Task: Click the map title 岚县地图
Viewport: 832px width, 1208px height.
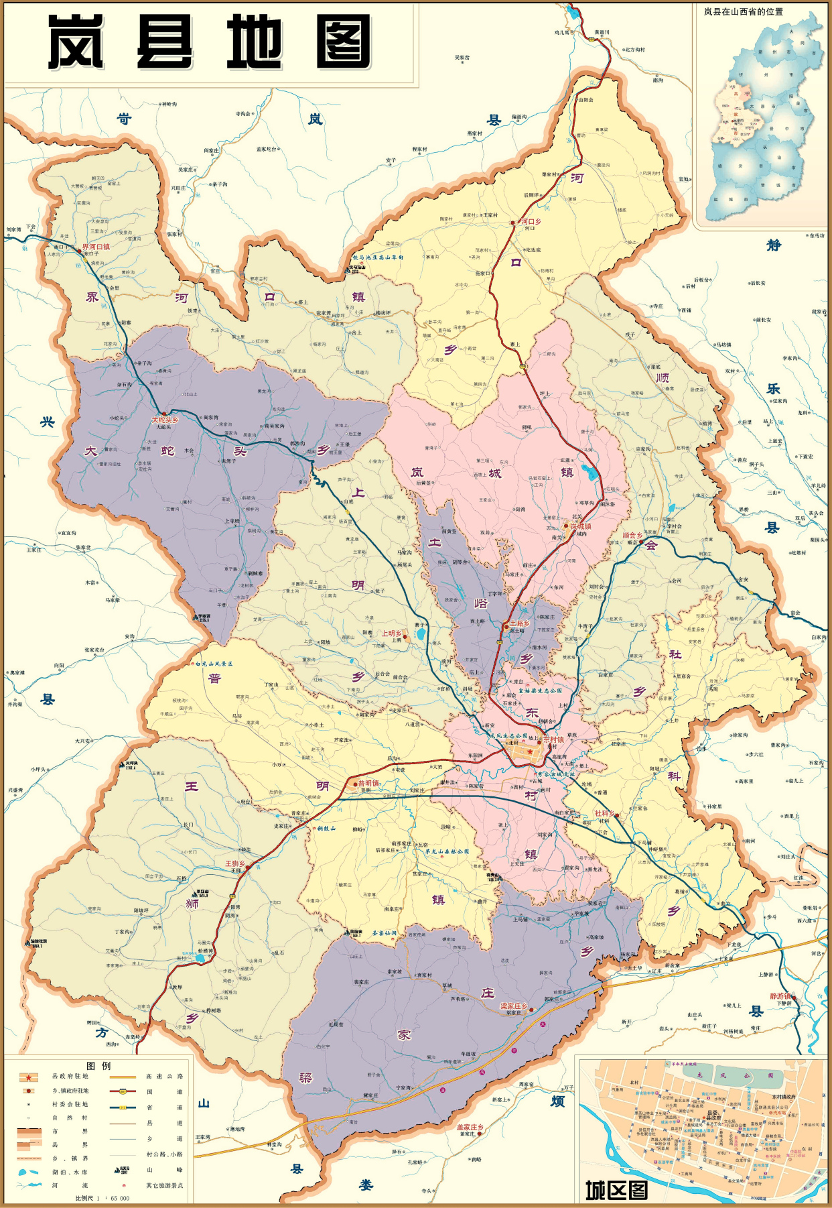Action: tap(209, 42)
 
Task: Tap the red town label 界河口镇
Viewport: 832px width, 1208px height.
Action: tap(96, 247)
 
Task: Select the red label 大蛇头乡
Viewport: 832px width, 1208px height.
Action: tap(165, 420)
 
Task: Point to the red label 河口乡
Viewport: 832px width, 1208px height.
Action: tap(531, 221)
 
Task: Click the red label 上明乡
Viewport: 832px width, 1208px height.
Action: tap(392, 633)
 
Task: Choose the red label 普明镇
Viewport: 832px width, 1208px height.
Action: tap(369, 783)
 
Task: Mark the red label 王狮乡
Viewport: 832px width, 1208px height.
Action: tap(234, 863)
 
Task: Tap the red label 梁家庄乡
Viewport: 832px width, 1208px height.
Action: tap(514, 1006)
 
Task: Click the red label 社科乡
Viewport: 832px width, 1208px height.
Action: tap(604, 814)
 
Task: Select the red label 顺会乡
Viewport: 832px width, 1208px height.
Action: tap(632, 536)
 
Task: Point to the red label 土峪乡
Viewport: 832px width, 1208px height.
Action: tap(520, 623)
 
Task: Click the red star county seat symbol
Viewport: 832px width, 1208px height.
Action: tap(530, 752)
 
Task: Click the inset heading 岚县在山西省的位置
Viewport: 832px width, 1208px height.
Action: tap(743, 11)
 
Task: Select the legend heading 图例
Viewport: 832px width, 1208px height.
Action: tap(98, 1066)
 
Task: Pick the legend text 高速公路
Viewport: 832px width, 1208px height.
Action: tap(164, 1077)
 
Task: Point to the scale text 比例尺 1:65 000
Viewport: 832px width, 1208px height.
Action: tap(102, 1198)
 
